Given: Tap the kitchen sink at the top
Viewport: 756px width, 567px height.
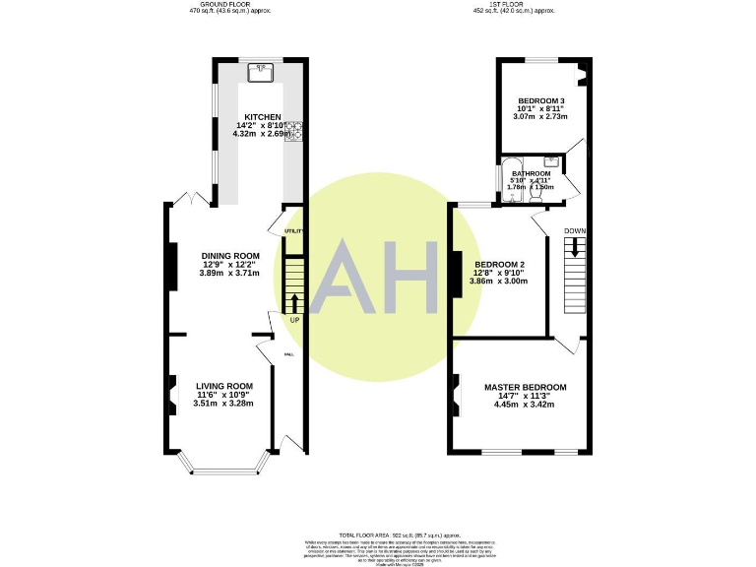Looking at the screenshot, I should (x=262, y=71).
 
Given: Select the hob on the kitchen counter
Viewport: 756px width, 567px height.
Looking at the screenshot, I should (x=292, y=130).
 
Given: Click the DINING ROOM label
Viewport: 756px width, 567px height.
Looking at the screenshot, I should (x=223, y=256).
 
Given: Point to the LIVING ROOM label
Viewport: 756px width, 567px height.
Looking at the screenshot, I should (x=223, y=386).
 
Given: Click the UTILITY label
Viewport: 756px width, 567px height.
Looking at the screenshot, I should (x=293, y=230).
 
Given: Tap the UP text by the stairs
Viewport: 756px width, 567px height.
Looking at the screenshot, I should (x=294, y=320).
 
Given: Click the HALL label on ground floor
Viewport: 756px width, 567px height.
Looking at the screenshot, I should (x=289, y=354).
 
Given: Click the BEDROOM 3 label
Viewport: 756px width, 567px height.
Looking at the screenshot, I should (x=540, y=100).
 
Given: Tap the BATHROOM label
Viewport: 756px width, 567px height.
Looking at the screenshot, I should (x=531, y=172).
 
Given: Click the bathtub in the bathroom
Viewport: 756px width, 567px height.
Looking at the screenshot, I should (x=513, y=179).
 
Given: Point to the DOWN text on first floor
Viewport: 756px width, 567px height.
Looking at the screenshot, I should (x=575, y=231).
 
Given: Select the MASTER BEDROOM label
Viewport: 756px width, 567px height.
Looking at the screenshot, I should (x=525, y=387).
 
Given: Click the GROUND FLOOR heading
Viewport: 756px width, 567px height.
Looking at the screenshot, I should (x=229, y=5).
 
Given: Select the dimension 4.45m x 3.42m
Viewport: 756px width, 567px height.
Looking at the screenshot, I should (x=525, y=405).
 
